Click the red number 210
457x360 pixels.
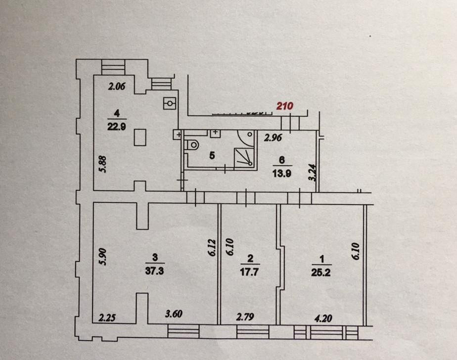pos(285,105)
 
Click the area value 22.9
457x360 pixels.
pos(116,126)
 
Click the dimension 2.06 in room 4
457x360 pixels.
pos(118,87)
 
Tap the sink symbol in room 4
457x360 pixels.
pos(170,103)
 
